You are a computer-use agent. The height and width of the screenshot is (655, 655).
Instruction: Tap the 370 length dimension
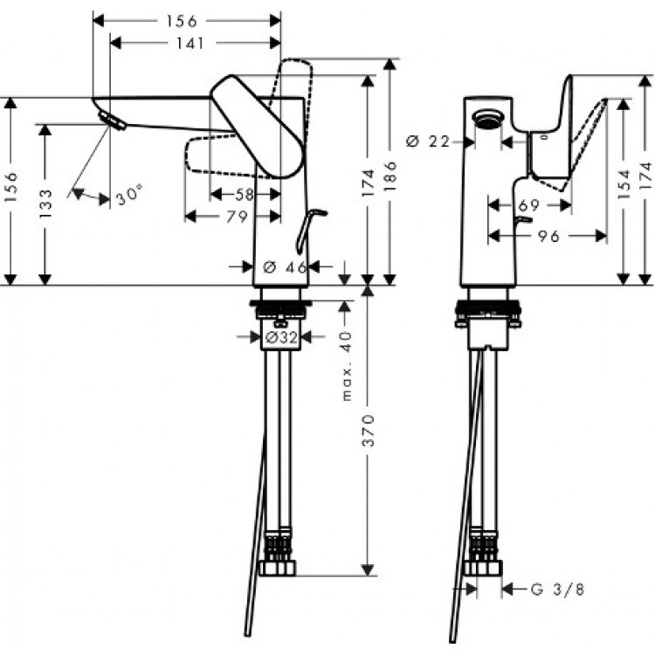368,430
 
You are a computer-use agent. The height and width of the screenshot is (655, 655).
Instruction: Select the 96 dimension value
547,236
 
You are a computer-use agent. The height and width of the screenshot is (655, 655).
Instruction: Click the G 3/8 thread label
558,589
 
